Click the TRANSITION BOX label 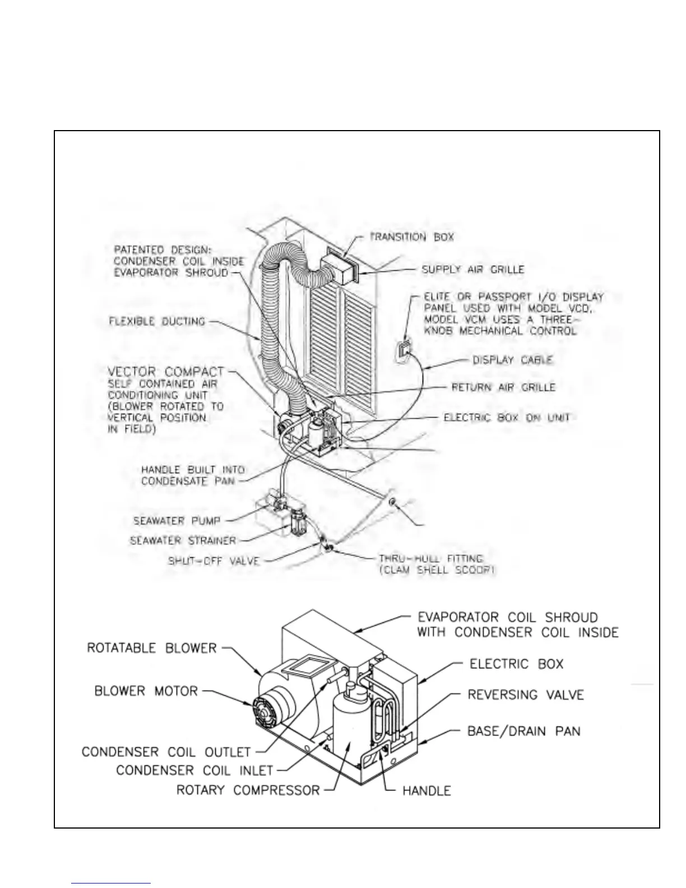(x=412, y=237)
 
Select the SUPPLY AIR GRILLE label (x=473, y=270)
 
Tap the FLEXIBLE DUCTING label (x=157, y=321)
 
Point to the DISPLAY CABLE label (x=513, y=360)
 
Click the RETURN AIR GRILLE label (x=503, y=387)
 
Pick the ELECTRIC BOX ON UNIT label (x=507, y=418)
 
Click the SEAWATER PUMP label (x=177, y=521)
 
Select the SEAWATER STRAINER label (x=183, y=541)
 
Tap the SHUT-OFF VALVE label (x=214, y=561)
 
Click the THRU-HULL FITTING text (x=430, y=559)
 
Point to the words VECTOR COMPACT (x=166, y=372)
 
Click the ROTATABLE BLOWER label (x=151, y=648)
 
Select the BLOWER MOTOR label (x=146, y=691)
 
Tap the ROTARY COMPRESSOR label (x=248, y=790)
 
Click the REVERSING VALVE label (x=526, y=695)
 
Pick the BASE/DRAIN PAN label (x=523, y=731)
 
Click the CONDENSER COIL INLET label (x=194, y=770)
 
